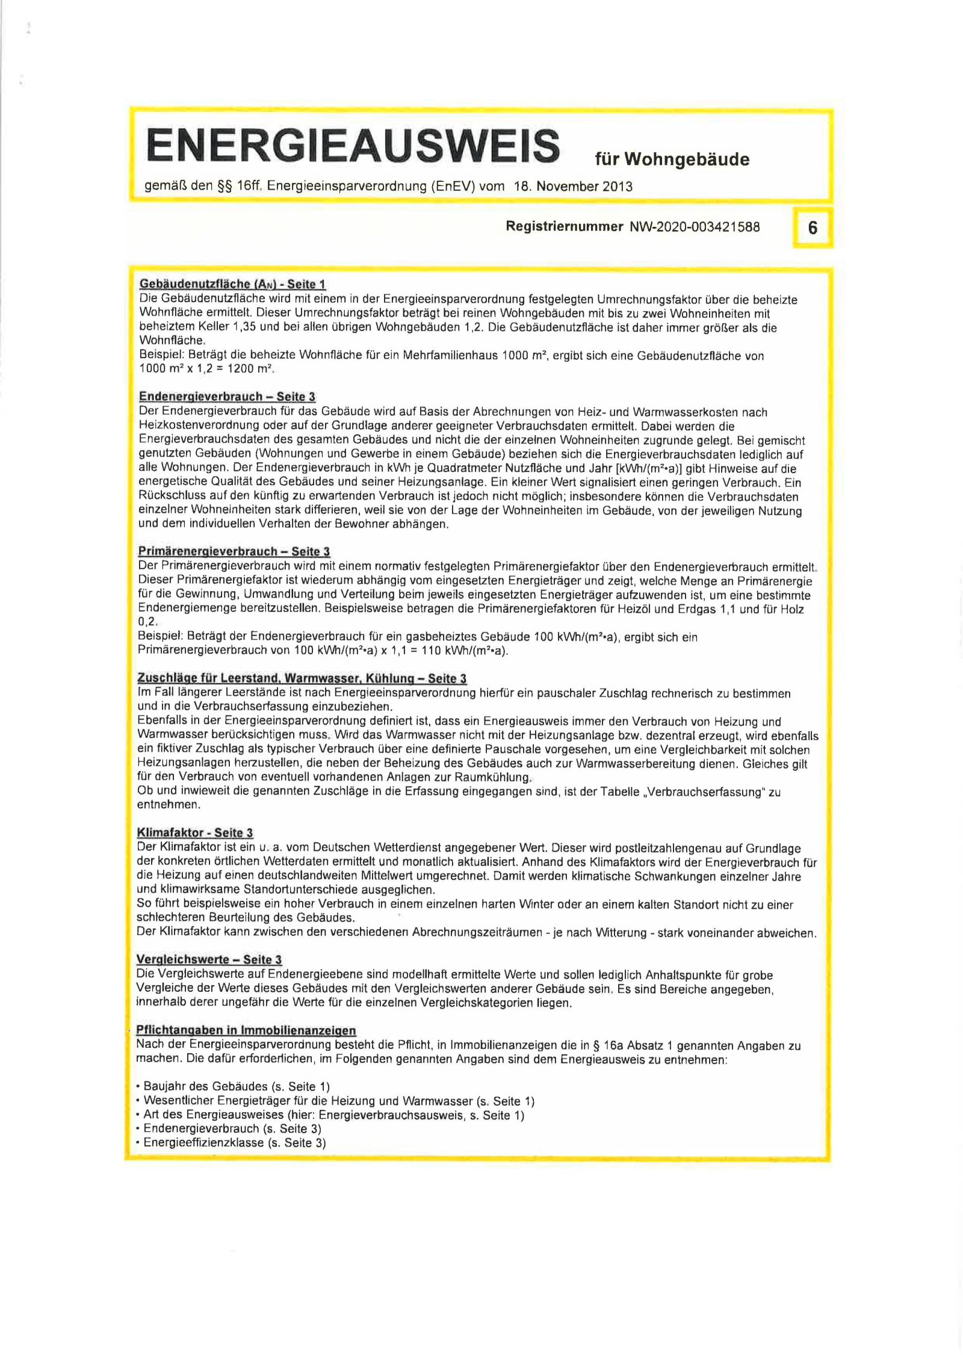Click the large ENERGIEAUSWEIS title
pos(352,145)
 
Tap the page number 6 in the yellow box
pos(813,228)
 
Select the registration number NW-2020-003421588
pos(695,227)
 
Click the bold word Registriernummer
pos(564,226)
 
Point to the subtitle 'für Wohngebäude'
pos(672,159)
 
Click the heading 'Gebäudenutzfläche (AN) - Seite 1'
pos(232,284)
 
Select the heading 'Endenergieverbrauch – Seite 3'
pos(227,397)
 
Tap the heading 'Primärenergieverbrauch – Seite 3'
pos(234,551)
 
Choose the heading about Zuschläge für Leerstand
pos(302,679)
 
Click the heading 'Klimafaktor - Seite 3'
pos(195,833)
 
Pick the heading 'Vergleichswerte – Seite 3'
pos(209,959)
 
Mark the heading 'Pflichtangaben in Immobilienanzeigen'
pos(246,1030)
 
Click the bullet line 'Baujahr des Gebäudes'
pos(236,1086)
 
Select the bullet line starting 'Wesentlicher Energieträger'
pos(338,1101)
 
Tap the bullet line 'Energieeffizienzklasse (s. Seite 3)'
pos(234,1142)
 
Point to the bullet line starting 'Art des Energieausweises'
pos(333,1115)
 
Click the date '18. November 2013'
pos(572,187)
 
